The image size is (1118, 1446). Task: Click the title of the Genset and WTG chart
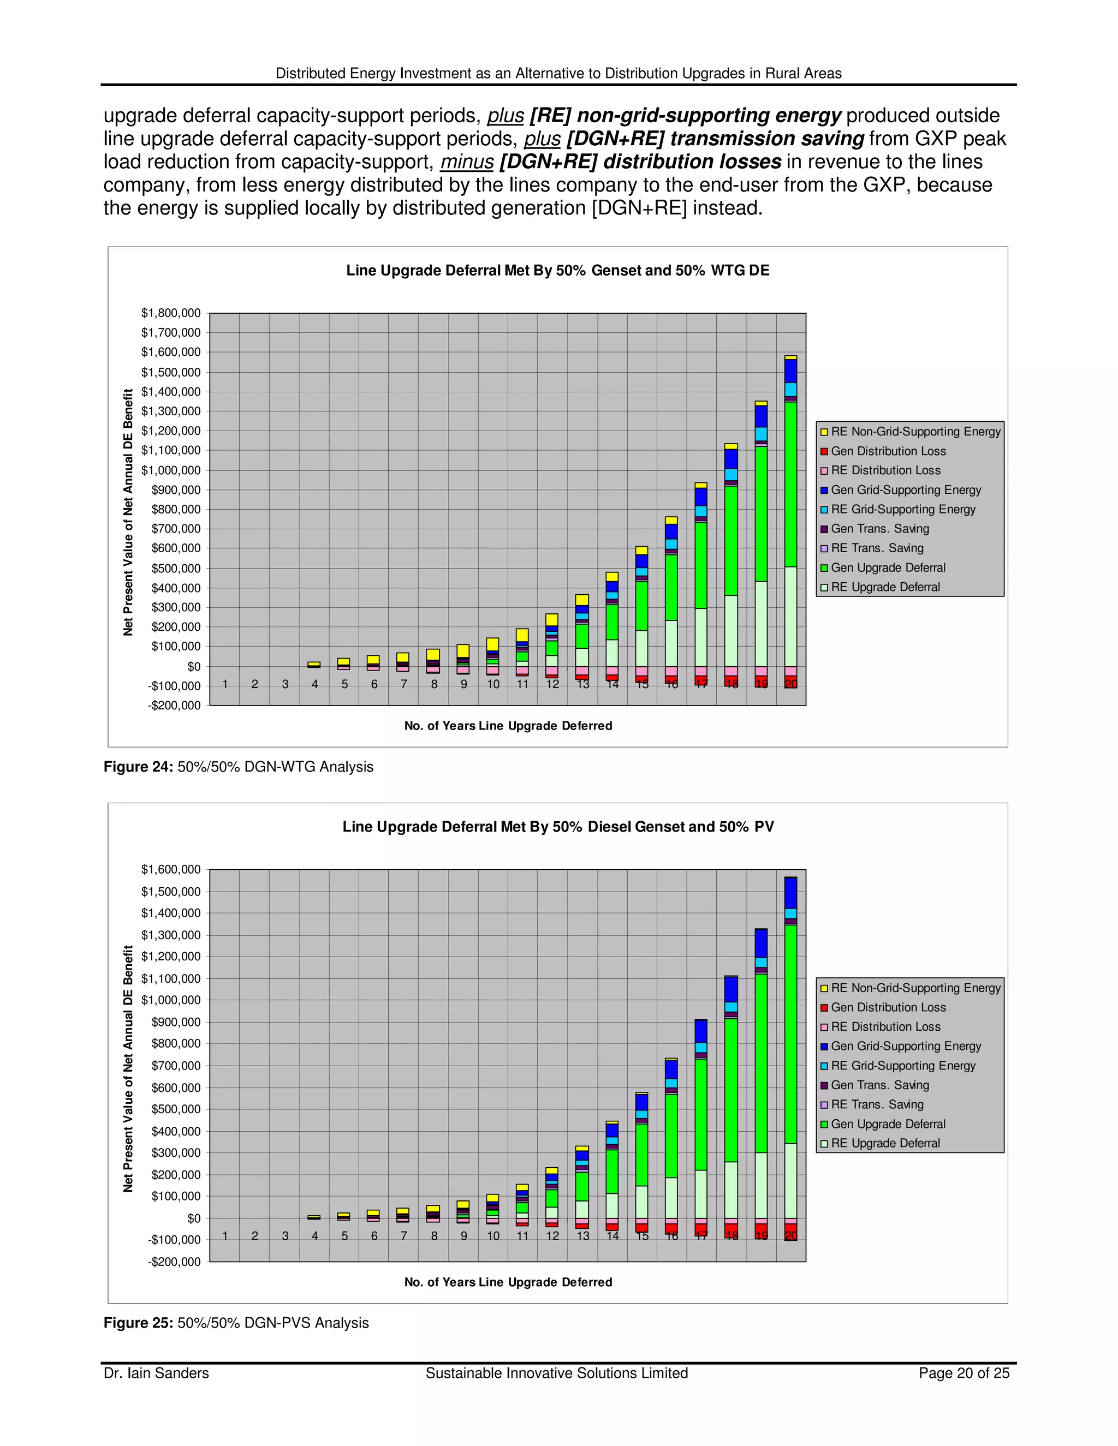[x=558, y=270]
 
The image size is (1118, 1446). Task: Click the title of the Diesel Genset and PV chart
[x=558, y=826]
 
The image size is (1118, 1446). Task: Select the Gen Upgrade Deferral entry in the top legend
[x=888, y=567]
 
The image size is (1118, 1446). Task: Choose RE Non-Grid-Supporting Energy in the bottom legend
[x=915, y=988]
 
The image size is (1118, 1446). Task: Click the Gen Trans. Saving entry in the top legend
[x=879, y=528]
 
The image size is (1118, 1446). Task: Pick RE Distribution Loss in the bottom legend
[x=885, y=1027]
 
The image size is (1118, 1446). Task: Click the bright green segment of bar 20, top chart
[x=791, y=483]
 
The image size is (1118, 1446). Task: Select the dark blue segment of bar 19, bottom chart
[x=761, y=943]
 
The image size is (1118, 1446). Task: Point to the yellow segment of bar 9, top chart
[x=463, y=651]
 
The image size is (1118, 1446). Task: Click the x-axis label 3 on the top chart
[x=286, y=685]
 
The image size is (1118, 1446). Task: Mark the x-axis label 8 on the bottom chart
[x=435, y=1236]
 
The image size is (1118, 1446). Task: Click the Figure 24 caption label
[x=139, y=767]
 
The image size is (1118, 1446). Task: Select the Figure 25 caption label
[x=139, y=1323]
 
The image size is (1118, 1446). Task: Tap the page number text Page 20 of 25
[x=964, y=1373]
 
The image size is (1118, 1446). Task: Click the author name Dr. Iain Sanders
[x=156, y=1373]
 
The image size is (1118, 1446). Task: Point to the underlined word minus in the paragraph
[x=467, y=162]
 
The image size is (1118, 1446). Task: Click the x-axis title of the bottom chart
[x=508, y=1282]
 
